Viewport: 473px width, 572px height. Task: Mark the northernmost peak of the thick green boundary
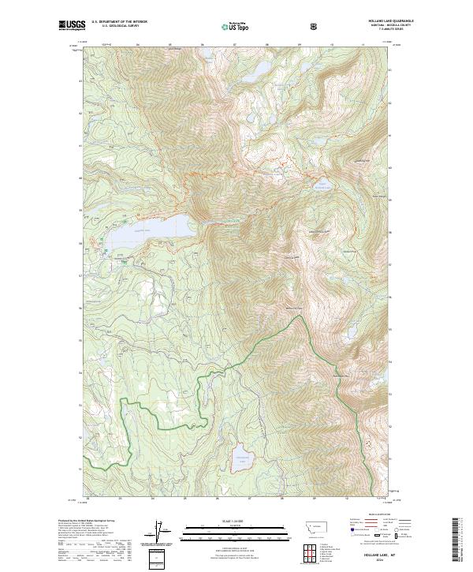click(x=300, y=317)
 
